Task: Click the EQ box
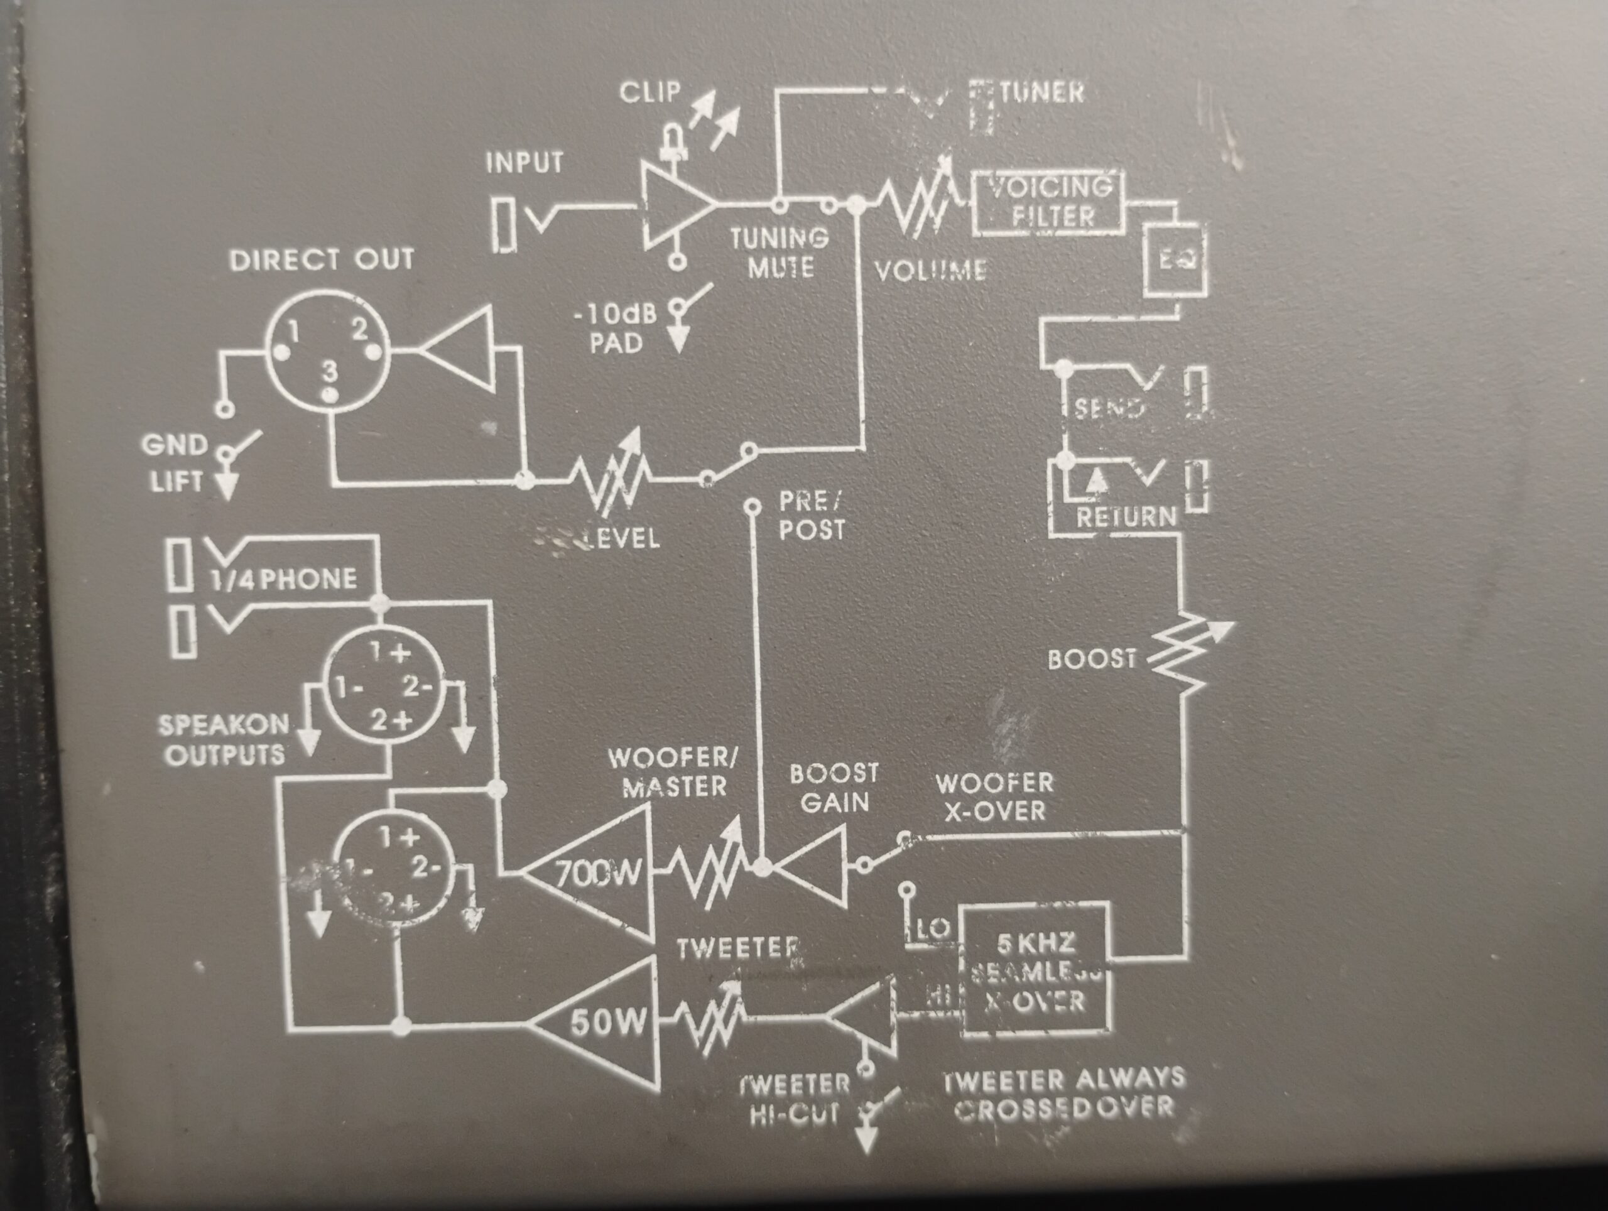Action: pos(1175,260)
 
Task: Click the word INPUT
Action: pos(523,162)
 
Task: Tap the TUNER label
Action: pos(1041,92)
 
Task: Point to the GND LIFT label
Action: pos(175,463)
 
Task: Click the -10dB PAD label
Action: pos(616,328)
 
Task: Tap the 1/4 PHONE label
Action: pos(283,578)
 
